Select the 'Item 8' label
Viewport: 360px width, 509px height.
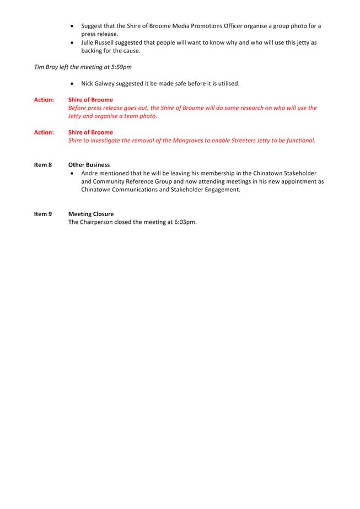tap(43, 165)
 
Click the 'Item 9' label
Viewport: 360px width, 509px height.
tap(43, 214)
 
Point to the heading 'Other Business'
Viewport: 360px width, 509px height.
tap(89, 165)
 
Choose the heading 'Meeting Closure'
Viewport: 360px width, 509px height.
tap(91, 214)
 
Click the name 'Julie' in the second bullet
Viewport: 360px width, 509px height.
tap(89, 42)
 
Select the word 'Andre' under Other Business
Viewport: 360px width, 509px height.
tap(90, 173)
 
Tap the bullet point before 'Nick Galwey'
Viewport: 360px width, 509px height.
tap(73, 84)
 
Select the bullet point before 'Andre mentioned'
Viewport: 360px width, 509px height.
tap(73, 173)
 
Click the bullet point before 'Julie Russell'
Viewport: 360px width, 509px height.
tap(73, 42)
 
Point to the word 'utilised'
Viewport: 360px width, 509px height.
tap(227, 84)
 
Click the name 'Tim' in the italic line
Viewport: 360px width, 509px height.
tap(40, 67)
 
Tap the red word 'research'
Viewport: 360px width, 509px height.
tap(255, 108)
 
